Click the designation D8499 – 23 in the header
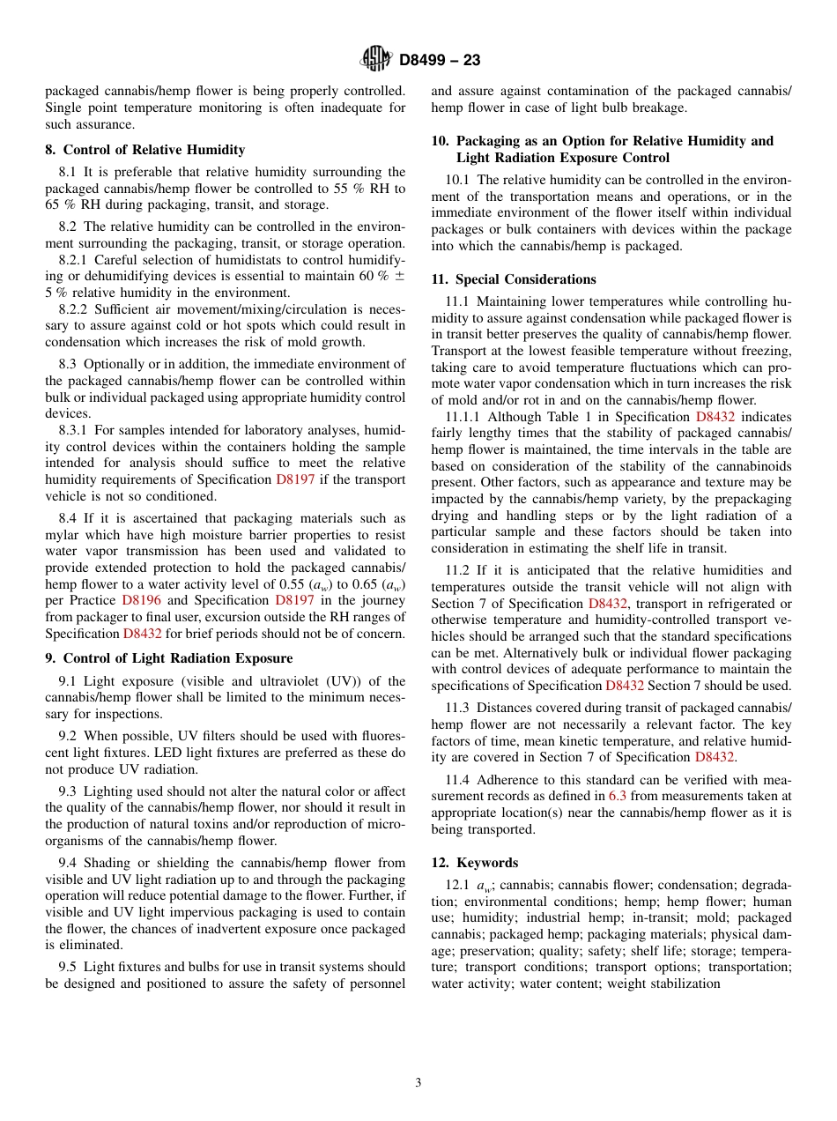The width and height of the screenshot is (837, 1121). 440,61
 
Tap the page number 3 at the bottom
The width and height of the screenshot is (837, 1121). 418,1082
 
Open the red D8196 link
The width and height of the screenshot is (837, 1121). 141,600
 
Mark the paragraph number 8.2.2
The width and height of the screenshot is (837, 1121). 74,309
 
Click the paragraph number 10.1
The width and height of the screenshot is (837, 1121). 457,180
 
